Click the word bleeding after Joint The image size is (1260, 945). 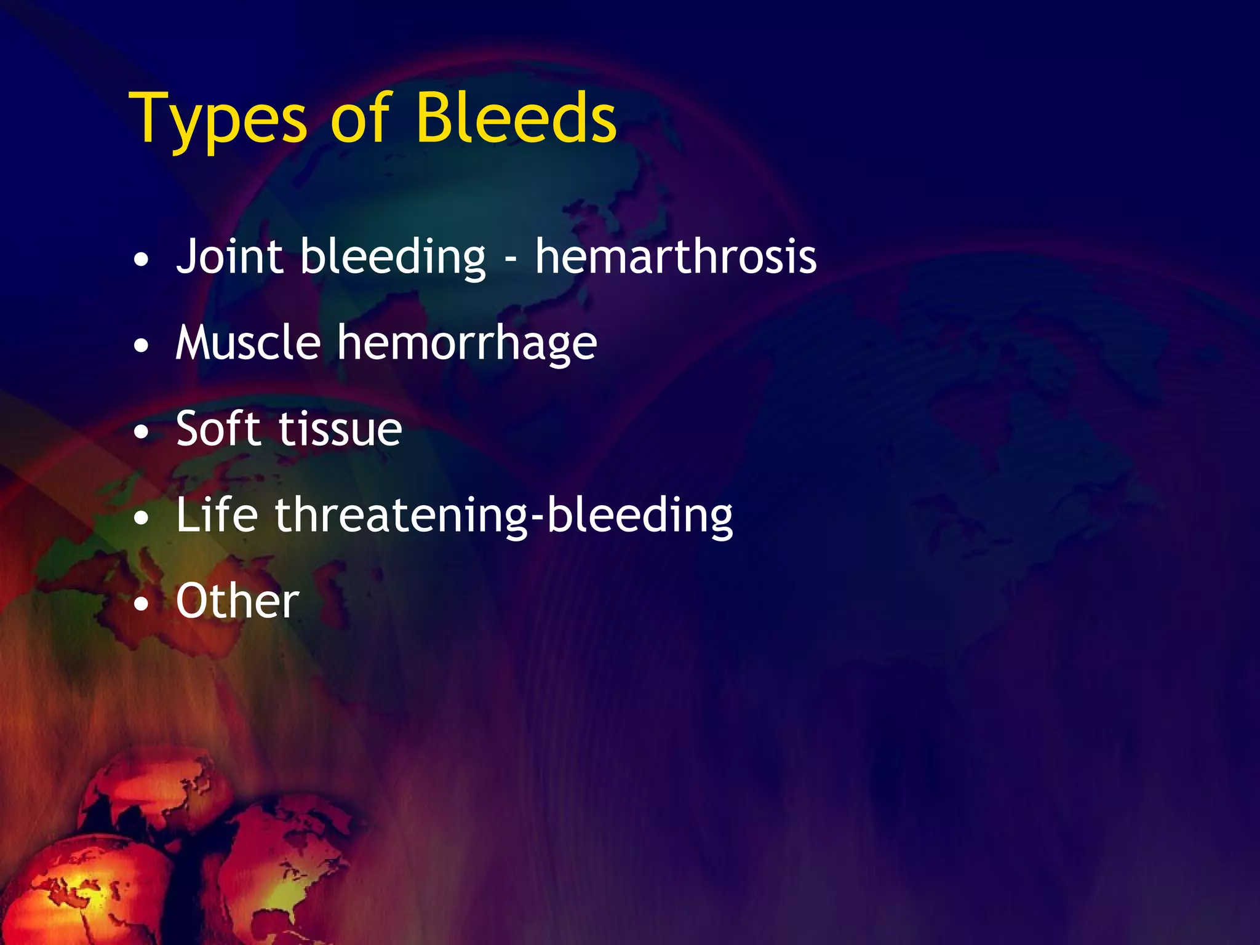click(x=393, y=257)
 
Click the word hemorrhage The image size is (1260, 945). click(x=467, y=343)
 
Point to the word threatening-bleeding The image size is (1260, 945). click(x=503, y=516)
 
